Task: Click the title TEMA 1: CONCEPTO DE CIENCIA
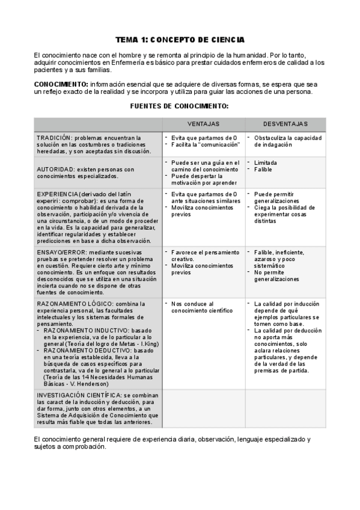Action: point(180,40)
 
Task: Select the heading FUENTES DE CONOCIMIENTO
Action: point(180,105)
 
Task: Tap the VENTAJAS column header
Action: point(203,123)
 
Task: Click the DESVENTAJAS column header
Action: point(285,123)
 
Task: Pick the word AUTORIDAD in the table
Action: point(55,170)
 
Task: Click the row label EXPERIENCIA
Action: point(56,194)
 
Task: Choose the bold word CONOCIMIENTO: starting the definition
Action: point(61,84)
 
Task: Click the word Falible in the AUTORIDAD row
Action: point(263,170)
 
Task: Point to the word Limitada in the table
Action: point(266,162)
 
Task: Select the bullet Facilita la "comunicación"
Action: point(206,144)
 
